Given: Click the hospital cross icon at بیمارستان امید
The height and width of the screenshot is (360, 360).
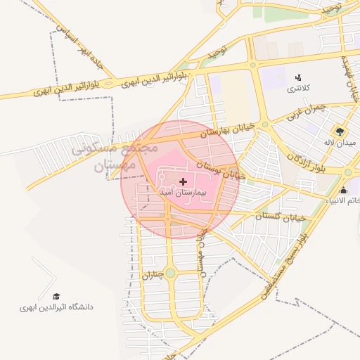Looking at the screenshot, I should click(184, 181).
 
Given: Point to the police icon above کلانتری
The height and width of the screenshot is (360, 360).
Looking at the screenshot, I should click(298, 78).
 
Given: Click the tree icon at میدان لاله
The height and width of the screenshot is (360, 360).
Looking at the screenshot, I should click(340, 131).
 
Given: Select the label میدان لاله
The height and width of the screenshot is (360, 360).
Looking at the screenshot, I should click(340, 142).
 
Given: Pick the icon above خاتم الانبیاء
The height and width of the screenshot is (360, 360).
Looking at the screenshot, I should click(343, 190).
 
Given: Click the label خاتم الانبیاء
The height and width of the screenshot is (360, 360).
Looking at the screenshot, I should click(342, 201).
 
